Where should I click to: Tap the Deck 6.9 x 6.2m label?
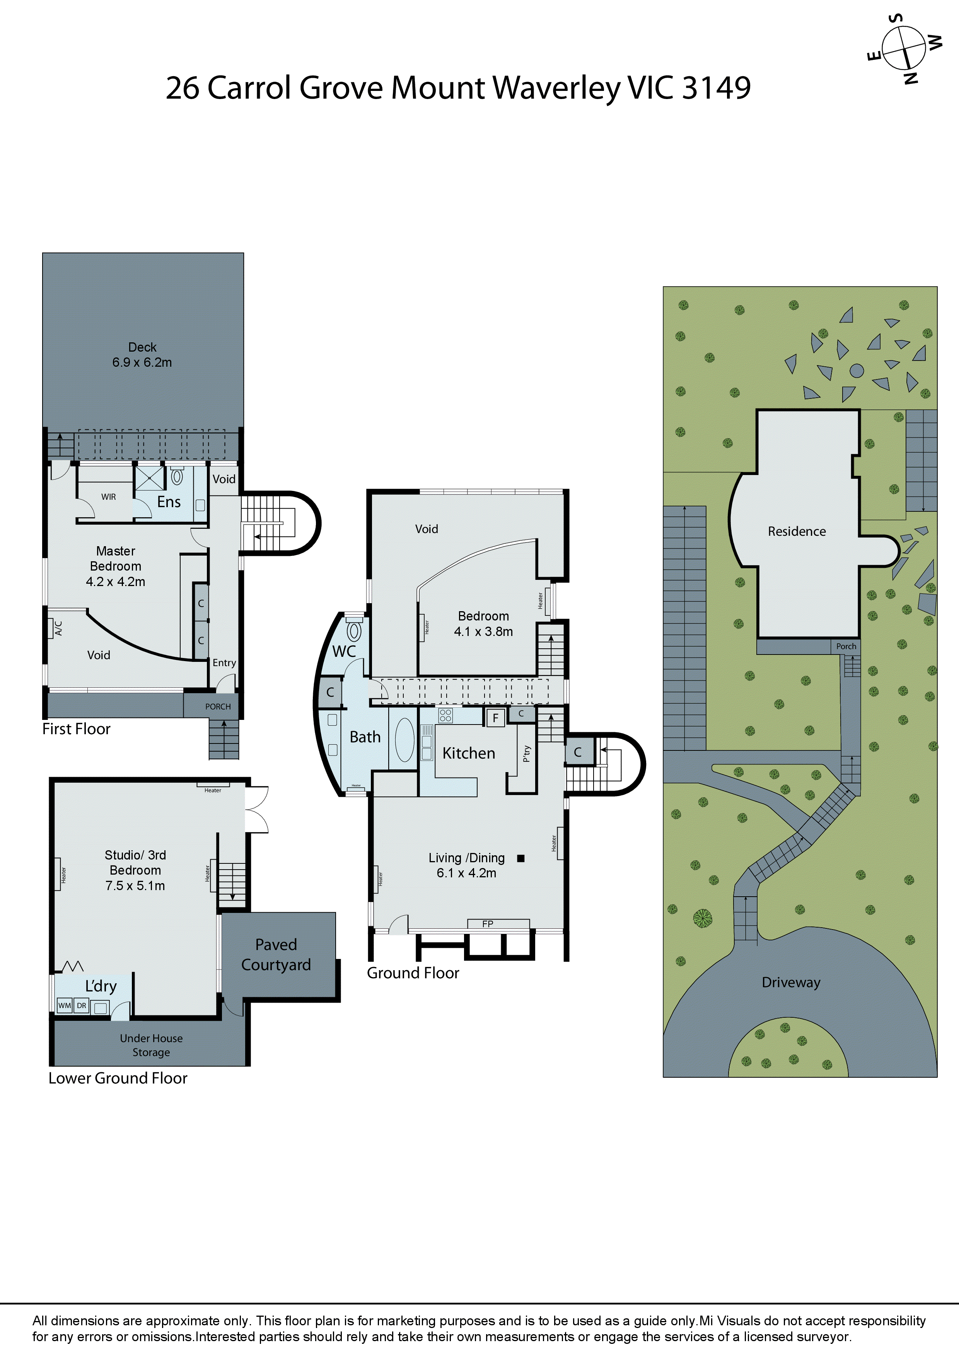pyautogui.click(x=142, y=355)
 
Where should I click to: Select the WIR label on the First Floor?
pyautogui.click(x=109, y=497)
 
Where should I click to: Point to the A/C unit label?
pyautogui.click(x=58, y=628)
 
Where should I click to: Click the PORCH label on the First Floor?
pyautogui.click(x=218, y=706)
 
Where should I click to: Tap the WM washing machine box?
pyautogui.click(x=65, y=1005)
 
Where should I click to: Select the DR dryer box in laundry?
pyautogui.click(x=82, y=1005)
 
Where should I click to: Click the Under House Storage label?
pyautogui.click(x=151, y=1045)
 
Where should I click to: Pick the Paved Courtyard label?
pyautogui.click(x=276, y=955)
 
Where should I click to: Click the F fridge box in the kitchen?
pyautogui.click(x=495, y=718)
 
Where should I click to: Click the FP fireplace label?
pyautogui.click(x=488, y=924)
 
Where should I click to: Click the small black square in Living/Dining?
pyautogui.click(x=520, y=858)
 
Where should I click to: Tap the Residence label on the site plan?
pyautogui.click(x=797, y=532)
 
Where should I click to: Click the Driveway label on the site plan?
pyautogui.click(x=791, y=982)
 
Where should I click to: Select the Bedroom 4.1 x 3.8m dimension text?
pyautogui.click(x=483, y=631)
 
